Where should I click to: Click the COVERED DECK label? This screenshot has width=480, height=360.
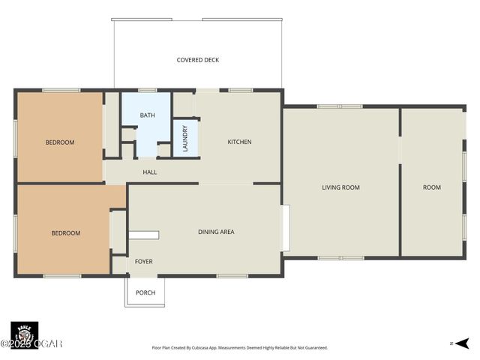point(198,60)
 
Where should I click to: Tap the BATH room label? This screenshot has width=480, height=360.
point(147,115)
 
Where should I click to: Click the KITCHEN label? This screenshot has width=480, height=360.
point(239,142)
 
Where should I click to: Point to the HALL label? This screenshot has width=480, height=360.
point(150,172)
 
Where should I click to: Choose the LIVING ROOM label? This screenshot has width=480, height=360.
point(340,187)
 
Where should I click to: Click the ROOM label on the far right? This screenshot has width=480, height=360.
point(431,187)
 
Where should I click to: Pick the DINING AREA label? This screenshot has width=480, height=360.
point(216,232)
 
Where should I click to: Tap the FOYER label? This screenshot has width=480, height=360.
point(143,262)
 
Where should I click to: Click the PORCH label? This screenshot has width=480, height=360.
point(145,292)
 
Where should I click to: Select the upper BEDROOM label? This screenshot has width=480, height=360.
point(60,142)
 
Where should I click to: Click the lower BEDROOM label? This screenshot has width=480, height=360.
point(65,233)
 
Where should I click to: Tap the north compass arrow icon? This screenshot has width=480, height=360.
point(463,343)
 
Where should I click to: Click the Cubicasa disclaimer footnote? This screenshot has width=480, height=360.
point(240,348)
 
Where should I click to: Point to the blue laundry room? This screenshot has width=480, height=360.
point(185,139)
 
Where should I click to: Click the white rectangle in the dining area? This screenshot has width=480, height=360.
point(143,235)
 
